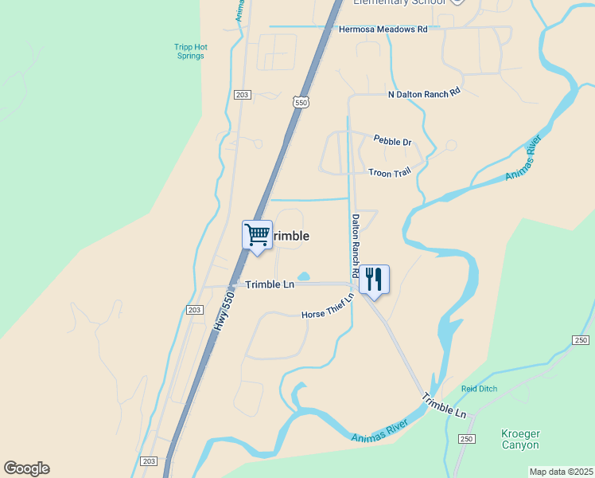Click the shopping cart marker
click(x=257, y=236)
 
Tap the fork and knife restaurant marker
click(x=374, y=280)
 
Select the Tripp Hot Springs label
click(x=191, y=52)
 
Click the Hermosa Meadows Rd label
click(x=383, y=29)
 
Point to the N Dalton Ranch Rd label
click(x=424, y=92)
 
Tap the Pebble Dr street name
click(x=393, y=142)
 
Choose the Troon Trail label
click(x=390, y=172)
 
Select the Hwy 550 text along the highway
click(x=224, y=311)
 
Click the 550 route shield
click(x=300, y=102)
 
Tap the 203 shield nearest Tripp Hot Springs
click(x=243, y=95)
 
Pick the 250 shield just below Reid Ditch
click(x=465, y=439)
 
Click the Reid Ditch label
click(x=479, y=390)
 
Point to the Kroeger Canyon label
click(x=520, y=439)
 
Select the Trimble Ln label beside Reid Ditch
click(x=444, y=406)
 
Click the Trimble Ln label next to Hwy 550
click(x=270, y=284)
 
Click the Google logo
click(x=26, y=468)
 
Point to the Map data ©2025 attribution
click(x=561, y=472)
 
